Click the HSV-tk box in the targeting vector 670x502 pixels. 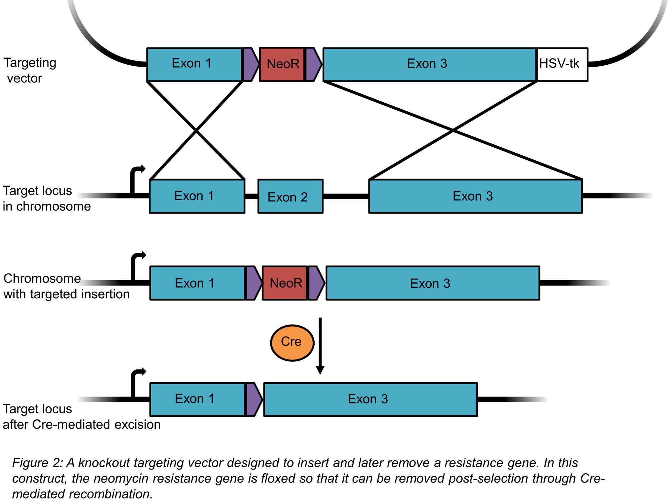tap(562, 65)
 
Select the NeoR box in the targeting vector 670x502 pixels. tap(282, 65)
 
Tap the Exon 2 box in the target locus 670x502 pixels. tap(290, 196)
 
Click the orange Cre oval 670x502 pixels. tap(292, 343)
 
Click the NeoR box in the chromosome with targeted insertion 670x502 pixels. tap(285, 283)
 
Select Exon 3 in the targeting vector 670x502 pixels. tap(429, 65)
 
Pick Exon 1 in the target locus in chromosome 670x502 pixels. tap(197, 196)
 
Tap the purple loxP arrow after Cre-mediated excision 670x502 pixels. tap(254, 399)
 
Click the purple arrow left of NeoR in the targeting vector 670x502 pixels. tap(251, 64)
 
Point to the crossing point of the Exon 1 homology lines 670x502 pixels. tap(196, 130)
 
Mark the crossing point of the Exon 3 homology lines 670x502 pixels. tap(453, 130)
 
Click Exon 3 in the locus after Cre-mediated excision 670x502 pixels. tap(370, 399)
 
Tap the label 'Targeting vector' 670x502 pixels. tap(29, 70)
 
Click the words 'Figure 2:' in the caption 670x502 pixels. tap(37, 463)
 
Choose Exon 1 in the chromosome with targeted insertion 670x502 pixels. tap(197, 283)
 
